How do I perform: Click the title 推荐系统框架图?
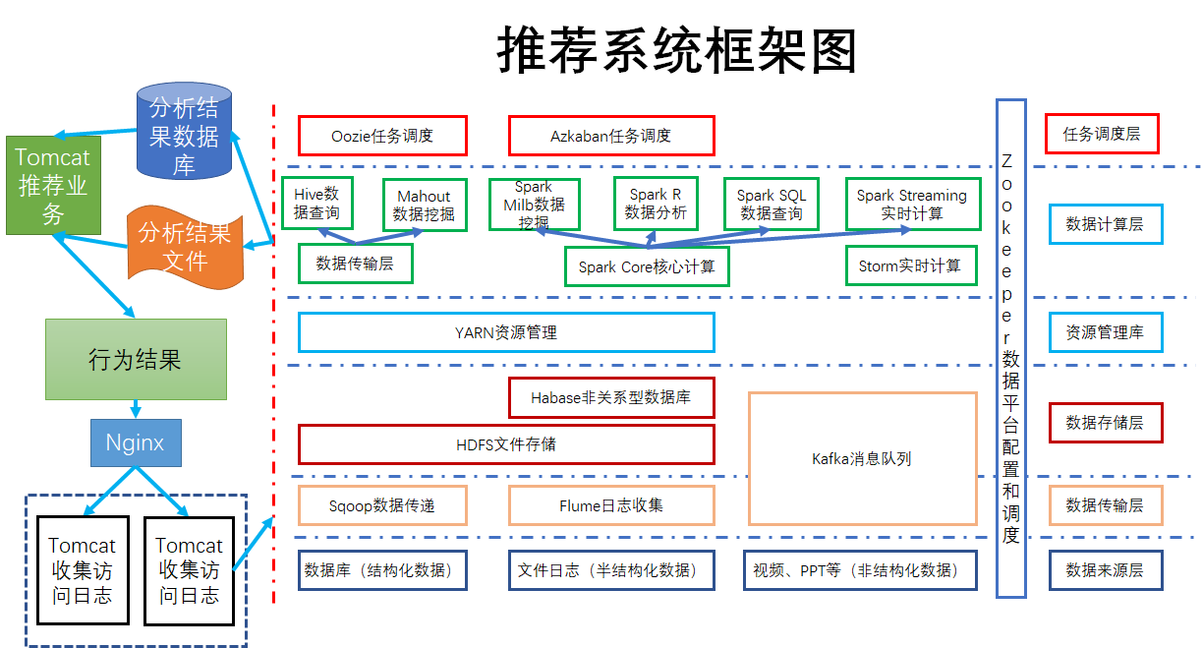tap(676, 49)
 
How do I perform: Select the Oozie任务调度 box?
tap(382, 136)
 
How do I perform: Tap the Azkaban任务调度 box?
tap(610, 136)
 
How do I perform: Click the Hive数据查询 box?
tap(316, 204)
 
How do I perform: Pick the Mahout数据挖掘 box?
tap(424, 205)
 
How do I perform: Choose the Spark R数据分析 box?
tap(656, 204)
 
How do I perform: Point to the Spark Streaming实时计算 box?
tap(911, 204)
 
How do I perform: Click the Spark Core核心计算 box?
tap(647, 266)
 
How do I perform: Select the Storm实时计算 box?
tap(911, 265)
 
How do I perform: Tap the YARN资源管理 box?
tap(506, 332)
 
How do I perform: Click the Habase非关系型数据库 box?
tap(610, 397)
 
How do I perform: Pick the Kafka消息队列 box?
tap(862, 458)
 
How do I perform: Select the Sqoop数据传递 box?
tap(382, 505)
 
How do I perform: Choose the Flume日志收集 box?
tap(610, 505)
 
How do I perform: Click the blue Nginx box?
tap(136, 443)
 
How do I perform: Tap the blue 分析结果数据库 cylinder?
tap(184, 135)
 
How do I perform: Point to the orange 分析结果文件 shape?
tap(185, 246)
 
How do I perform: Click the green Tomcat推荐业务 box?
tap(53, 186)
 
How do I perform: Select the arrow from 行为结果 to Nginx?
tap(136, 409)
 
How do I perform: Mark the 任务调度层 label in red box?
tap(1104, 135)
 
